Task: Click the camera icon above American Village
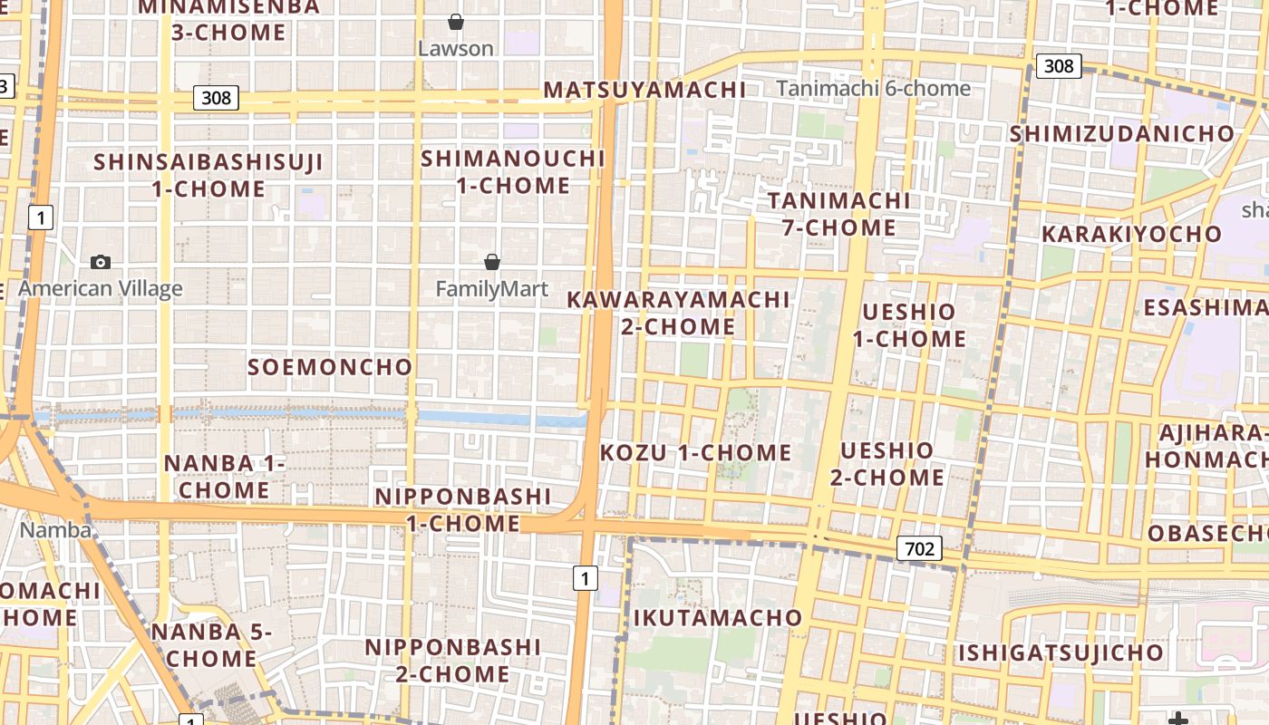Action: pyautogui.click(x=101, y=263)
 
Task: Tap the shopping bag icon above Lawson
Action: pyautogui.click(x=456, y=21)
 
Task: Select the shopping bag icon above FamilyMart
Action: pyautogui.click(x=492, y=262)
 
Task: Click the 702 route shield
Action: pyautogui.click(x=919, y=548)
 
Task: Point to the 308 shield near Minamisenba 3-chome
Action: pyautogui.click(x=217, y=97)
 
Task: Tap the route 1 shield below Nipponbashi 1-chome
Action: pyautogui.click(x=586, y=578)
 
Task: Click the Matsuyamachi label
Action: pyautogui.click(x=644, y=90)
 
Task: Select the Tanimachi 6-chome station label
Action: pyautogui.click(x=874, y=88)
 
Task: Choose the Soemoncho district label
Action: pyautogui.click(x=330, y=367)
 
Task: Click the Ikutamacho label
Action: pyautogui.click(x=718, y=618)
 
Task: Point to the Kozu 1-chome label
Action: pyautogui.click(x=696, y=452)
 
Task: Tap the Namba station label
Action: pyautogui.click(x=55, y=530)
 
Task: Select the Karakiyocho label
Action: pyautogui.click(x=1131, y=234)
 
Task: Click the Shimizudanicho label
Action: pyautogui.click(x=1122, y=134)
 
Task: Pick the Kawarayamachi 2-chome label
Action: pyautogui.click(x=678, y=313)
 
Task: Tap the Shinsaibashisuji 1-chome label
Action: pyautogui.click(x=208, y=176)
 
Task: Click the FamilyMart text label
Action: pyautogui.click(x=492, y=289)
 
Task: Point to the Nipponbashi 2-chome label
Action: pyautogui.click(x=452, y=661)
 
